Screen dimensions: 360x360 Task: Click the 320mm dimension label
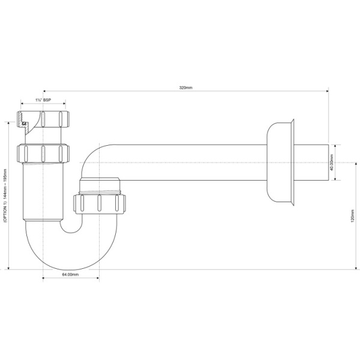click(x=185, y=88)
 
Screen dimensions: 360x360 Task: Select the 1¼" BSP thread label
click(x=43, y=100)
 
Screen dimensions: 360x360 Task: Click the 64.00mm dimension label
click(x=71, y=274)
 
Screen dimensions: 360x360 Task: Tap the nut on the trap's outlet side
click(x=98, y=203)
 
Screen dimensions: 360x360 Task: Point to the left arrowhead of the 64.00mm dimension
click(x=45, y=278)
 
